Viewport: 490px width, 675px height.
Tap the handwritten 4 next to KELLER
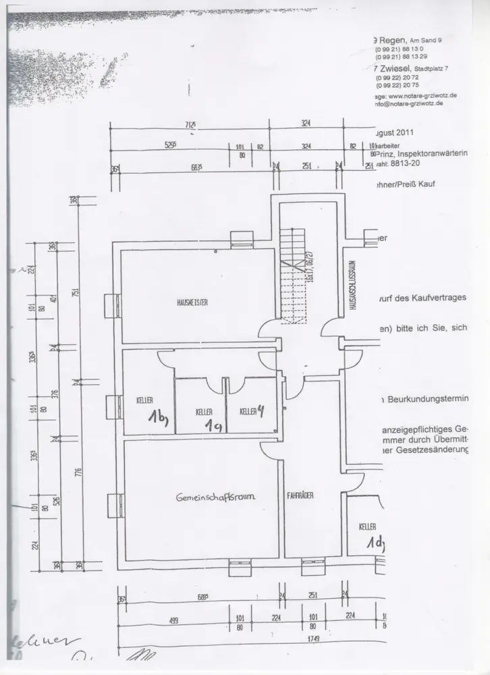[261, 408]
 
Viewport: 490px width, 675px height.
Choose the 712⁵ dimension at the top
[191, 124]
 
